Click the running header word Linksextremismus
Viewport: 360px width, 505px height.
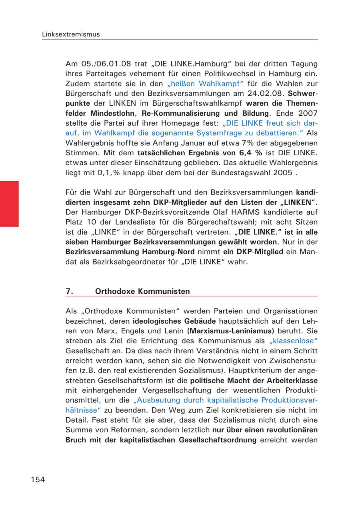[71, 34]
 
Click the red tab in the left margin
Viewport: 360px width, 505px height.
[9, 204]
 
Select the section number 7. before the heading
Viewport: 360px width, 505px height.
[70, 291]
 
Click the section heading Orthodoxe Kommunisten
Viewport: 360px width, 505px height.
[142, 291]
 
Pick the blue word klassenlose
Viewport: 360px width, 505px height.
[294, 341]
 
